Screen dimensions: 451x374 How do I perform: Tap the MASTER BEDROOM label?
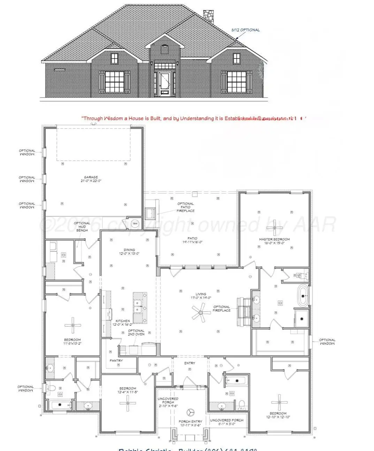pos(274,241)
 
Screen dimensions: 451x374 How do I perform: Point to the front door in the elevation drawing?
pos(164,84)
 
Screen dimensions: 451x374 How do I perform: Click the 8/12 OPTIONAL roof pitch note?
pos(245,30)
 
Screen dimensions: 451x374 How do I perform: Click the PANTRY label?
pos(116,360)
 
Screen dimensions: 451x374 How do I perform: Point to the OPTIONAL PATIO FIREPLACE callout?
pos(185,207)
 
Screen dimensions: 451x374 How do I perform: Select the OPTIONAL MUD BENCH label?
pos(82,227)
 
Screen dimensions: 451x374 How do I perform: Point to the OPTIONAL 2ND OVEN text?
pos(136,332)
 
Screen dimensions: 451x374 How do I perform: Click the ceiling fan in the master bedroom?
pos(275,227)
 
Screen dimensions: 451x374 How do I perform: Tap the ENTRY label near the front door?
pos(190,363)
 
